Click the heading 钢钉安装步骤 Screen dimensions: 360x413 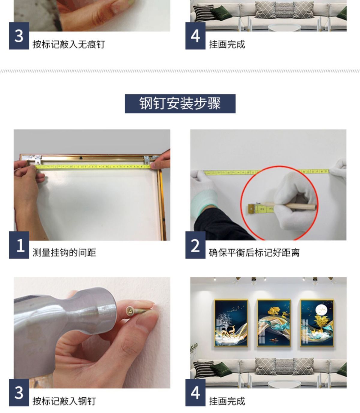pos(180,103)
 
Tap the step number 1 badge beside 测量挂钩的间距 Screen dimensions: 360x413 pos(19,245)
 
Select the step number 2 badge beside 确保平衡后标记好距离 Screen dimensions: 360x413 pos(195,245)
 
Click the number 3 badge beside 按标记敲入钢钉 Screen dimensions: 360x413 pos(19,393)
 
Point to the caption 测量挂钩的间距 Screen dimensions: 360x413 pos(64,252)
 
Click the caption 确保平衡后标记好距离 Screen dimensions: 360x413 pos(254,252)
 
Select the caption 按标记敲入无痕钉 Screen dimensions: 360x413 pos(69,44)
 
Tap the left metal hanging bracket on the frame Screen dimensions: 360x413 pos(36,159)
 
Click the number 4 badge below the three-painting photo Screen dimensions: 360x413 pos(195,393)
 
